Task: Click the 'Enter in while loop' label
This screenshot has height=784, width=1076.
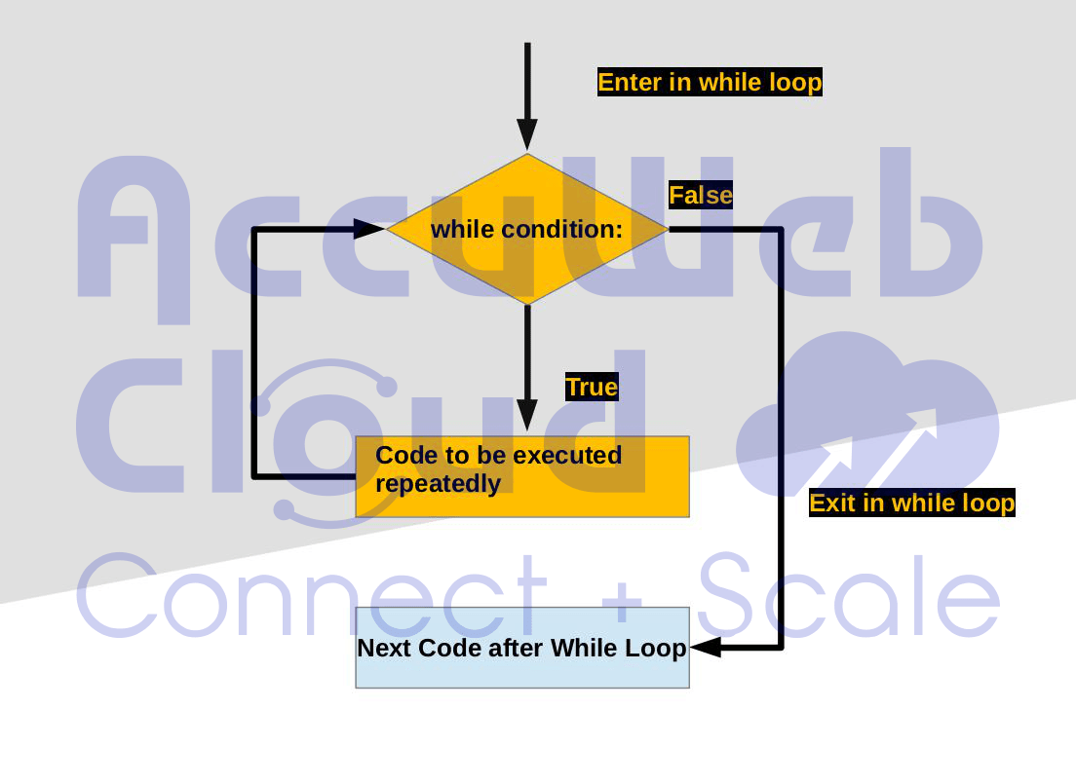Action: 710,83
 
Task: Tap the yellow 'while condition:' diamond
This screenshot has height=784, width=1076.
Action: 527,229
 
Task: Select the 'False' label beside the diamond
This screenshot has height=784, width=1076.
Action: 701,196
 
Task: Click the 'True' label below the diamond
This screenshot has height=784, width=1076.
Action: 592,388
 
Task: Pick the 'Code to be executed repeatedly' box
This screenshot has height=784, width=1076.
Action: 522,476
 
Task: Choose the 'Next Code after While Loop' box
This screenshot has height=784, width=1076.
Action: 522,648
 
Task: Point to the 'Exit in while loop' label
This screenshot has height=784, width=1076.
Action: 912,504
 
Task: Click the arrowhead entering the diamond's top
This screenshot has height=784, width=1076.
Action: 527,134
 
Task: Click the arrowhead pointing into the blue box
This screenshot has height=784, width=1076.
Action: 706,647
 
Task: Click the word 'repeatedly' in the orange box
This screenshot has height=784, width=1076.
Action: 438,484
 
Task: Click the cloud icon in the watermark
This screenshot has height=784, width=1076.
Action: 867,419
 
